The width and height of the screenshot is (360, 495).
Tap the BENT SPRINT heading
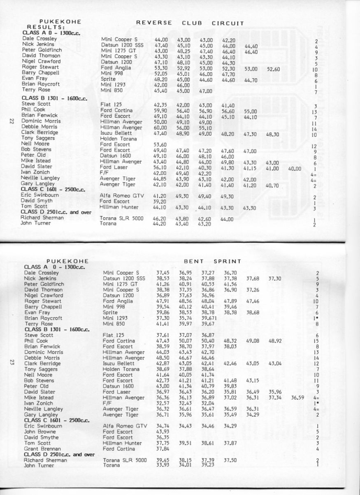[x=212, y=261]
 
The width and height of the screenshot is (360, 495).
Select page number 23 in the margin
[x=11, y=363]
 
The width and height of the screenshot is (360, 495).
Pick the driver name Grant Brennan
[x=43, y=449]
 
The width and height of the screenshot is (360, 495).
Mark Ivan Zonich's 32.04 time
[x=208, y=404]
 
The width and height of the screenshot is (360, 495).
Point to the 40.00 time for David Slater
[x=295, y=169]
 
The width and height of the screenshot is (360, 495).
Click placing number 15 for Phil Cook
[x=316, y=341]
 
